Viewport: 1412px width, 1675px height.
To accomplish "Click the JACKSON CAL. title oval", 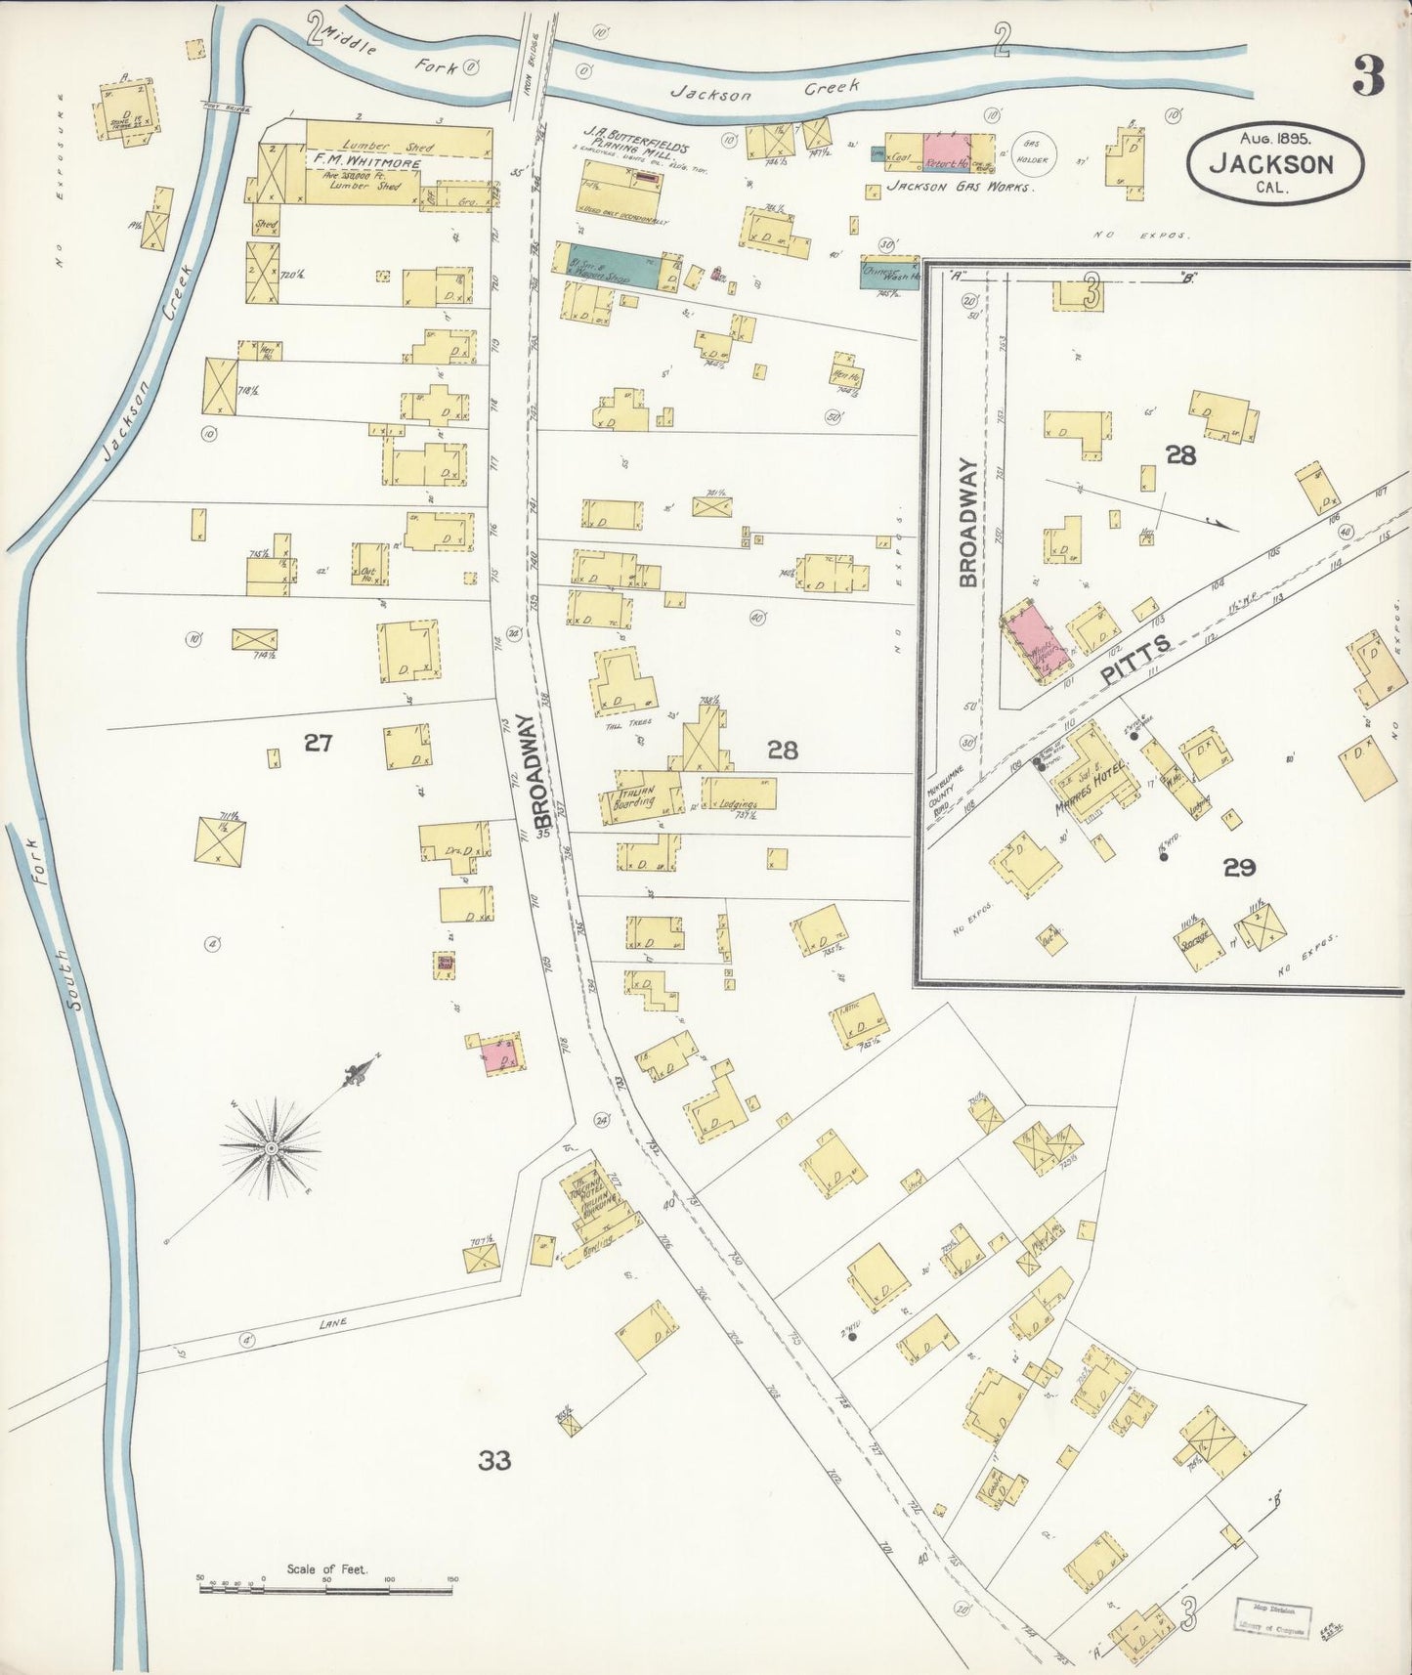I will tap(1274, 163).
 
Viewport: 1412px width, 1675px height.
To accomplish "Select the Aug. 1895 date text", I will tap(1274, 140).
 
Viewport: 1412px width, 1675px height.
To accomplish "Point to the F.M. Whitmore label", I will tap(366, 164).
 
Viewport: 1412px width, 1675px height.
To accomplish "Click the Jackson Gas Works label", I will tap(959, 186).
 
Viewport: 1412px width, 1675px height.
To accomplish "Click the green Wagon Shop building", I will tap(606, 266).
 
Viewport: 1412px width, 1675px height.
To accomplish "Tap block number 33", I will tap(494, 1461).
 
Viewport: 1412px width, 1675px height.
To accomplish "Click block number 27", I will tap(318, 744).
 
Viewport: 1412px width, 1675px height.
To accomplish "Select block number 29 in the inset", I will tap(1238, 868).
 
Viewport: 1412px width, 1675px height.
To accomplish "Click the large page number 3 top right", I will tap(1369, 76).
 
